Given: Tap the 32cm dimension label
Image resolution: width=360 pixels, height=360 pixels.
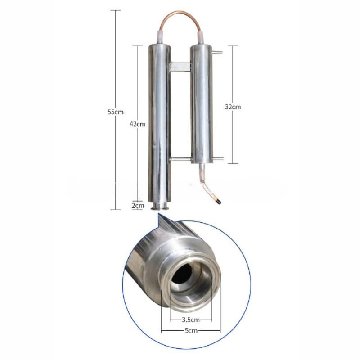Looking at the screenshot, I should [x=233, y=107].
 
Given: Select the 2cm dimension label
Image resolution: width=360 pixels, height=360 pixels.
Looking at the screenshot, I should [x=138, y=206].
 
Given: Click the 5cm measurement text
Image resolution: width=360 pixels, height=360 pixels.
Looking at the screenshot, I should [x=191, y=331].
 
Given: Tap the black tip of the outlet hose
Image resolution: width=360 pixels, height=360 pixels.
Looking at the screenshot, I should [x=218, y=202].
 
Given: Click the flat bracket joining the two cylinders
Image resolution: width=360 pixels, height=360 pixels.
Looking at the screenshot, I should [x=180, y=67].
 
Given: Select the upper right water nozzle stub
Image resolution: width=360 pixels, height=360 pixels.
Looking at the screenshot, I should [x=217, y=54].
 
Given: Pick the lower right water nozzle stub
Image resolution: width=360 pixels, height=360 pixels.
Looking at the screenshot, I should [x=217, y=158].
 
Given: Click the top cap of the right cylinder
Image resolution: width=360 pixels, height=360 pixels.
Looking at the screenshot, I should [x=201, y=46].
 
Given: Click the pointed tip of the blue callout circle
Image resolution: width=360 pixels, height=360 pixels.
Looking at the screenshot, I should [x=158, y=216].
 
